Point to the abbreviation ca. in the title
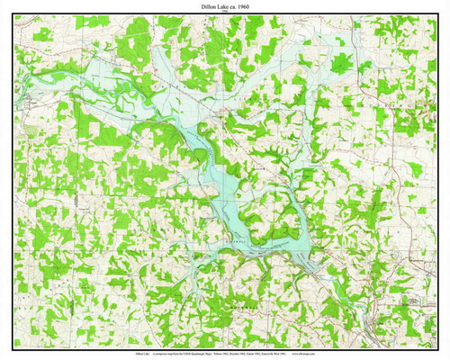[x=233, y=6]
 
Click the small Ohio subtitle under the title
[x=225, y=13]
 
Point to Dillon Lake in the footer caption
[x=142, y=354]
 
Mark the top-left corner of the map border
[x=13, y=16]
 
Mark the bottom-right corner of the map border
[x=436, y=346]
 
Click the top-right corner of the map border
[x=436, y=16]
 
